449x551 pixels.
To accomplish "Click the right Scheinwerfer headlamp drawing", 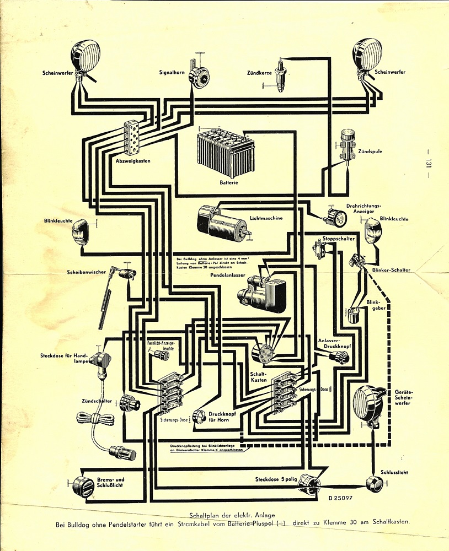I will point(367,57).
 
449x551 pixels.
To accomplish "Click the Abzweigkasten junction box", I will point(132,137).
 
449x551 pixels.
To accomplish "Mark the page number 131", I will point(427,164).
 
